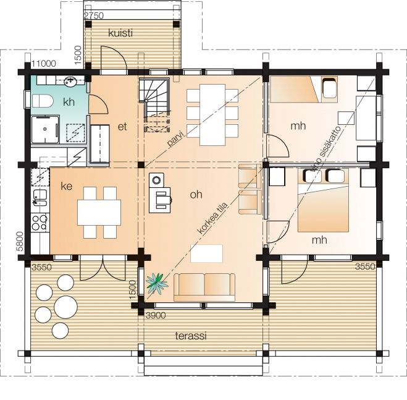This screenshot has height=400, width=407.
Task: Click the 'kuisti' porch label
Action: pos(120,33)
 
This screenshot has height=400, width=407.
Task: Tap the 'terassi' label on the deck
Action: pos(191,336)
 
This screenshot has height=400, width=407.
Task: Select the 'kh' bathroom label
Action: pos(69,102)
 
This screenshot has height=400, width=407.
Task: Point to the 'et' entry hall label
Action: pos(122,127)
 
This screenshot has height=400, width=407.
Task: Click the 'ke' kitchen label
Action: pos(67,186)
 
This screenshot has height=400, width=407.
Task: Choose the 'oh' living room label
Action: pos(196,194)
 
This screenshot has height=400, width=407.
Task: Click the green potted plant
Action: pos(156,284)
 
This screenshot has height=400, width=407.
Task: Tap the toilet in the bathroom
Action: pos(43,101)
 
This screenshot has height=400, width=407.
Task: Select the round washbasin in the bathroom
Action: pos(70,82)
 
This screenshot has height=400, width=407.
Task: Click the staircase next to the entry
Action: pos(155,105)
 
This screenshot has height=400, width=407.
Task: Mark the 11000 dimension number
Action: pos(44,64)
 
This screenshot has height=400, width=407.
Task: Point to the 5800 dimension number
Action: pos(20,242)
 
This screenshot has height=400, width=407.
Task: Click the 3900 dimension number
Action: pos(156,315)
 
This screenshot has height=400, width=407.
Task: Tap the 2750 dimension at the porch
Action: pos(94,15)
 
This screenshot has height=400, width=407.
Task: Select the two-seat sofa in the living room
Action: pos(204,287)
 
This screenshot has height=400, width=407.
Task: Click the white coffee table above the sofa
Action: pos(207,253)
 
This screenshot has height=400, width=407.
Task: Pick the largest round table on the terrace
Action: pos(66,307)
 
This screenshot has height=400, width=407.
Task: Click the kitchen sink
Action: pos(40,198)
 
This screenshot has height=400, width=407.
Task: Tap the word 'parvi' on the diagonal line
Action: pos(175,139)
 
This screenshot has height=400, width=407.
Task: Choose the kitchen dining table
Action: pos(99,213)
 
